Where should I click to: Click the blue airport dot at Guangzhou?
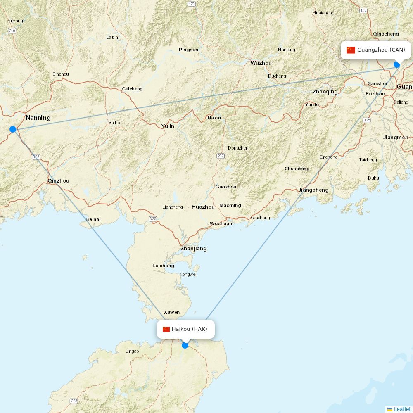pos(397,64)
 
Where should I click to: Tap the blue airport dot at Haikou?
pos(185,345)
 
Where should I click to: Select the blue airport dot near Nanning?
pos(13,129)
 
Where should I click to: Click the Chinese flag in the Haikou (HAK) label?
pos(166,329)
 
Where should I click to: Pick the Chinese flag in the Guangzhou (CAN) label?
pos(351,50)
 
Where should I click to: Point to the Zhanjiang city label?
pos(193,249)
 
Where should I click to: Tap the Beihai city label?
pos(93,219)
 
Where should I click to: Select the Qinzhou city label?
pos(59,181)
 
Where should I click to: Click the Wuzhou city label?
pos(261,63)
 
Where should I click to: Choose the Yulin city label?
pos(168,126)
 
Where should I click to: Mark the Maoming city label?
pos(230,205)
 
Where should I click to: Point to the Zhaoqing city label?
pos(325,92)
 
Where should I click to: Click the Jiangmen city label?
pos(396,138)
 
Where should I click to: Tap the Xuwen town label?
pos(172,312)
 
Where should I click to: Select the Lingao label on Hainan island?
pos(132,351)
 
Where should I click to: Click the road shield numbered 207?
pos(221,156)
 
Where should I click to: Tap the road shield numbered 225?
pos(74,401)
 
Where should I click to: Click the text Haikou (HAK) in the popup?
pos(190,329)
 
